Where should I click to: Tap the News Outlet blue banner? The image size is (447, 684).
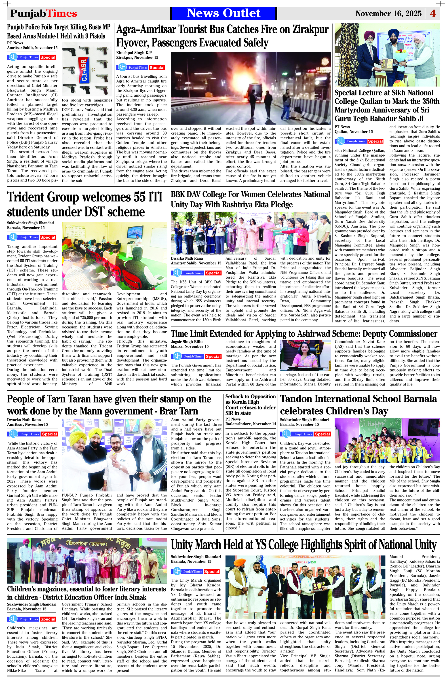[x=223, y=13]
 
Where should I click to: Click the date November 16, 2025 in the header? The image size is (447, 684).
[x=388, y=13]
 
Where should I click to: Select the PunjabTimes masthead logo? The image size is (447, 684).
[x=44, y=13]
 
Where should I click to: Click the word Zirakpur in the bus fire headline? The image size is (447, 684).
[x=310, y=30]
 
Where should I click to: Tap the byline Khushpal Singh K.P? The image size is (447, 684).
[x=134, y=53]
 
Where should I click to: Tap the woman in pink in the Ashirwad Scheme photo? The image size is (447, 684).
[x=305, y=357]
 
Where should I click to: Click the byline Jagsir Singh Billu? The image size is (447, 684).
[x=187, y=342]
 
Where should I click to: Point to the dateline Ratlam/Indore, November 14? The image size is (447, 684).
[x=251, y=424]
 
